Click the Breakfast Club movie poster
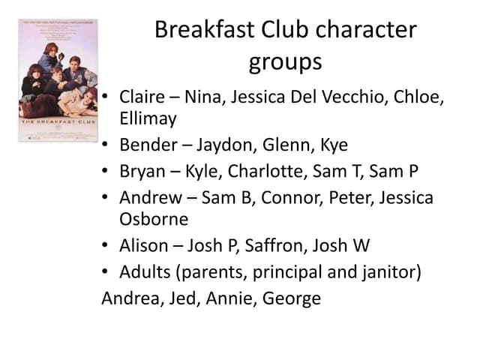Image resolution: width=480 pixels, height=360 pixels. click(x=58, y=80)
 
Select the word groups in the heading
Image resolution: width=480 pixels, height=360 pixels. click(x=285, y=62)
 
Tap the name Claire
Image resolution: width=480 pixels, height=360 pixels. click(x=142, y=98)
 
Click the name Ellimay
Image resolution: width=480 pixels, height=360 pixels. click(x=148, y=118)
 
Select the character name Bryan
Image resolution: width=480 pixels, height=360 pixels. click(x=142, y=172)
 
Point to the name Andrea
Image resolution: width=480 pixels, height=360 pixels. click(x=129, y=298)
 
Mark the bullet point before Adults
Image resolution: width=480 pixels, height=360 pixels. click(x=106, y=271)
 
